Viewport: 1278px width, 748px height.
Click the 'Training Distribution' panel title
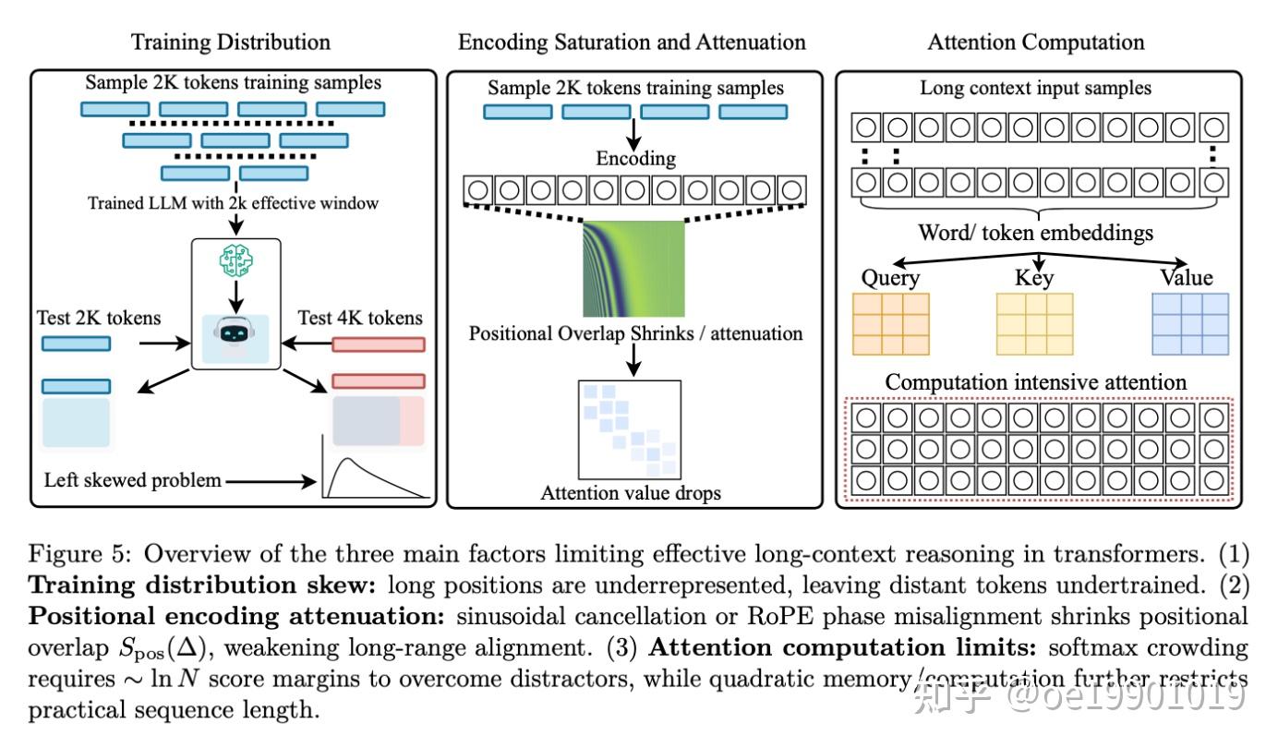pos(230,42)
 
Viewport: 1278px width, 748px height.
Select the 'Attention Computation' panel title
pos(1035,42)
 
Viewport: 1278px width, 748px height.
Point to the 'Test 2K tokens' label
pos(99,318)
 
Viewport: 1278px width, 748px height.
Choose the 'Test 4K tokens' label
pos(360,318)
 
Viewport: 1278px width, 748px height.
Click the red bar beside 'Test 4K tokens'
pos(379,344)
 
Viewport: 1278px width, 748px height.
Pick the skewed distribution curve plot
pos(375,468)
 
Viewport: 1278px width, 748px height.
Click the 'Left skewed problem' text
pos(132,480)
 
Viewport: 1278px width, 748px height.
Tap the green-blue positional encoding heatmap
pos(633,269)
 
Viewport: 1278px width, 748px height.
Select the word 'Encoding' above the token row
pos(635,158)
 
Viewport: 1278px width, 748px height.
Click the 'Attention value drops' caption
pos(631,493)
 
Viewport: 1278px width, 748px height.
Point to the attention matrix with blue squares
pos(629,426)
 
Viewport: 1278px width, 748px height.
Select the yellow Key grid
pos(1034,324)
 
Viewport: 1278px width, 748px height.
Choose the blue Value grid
pos(1190,324)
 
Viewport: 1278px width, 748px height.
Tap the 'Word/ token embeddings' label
pos(1035,233)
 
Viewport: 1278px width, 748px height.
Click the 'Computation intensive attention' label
pos(1036,381)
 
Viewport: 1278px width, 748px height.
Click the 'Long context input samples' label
pos(1035,89)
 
